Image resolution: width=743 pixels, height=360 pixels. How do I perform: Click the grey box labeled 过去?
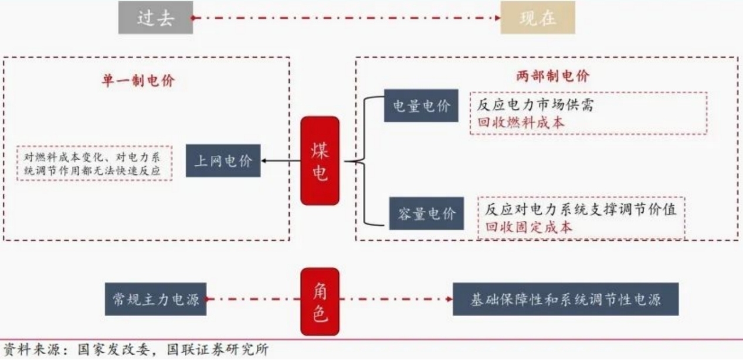(155, 18)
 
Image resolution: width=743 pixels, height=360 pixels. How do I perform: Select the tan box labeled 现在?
(537, 18)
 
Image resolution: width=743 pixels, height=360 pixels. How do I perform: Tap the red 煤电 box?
(320, 161)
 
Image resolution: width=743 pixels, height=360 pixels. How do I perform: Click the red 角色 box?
(320, 301)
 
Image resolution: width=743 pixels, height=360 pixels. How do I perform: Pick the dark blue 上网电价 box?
(223, 161)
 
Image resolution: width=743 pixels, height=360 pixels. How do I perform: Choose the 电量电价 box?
(421, 106)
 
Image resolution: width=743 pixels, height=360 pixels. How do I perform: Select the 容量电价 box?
(426, 213)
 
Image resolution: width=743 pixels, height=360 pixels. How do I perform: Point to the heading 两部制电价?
(552, 76)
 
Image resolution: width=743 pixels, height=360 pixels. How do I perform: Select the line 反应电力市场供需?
(536, 106)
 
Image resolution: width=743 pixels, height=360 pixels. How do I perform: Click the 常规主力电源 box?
(155, 300)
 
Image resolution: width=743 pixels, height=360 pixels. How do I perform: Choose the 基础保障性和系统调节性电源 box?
(565, 300)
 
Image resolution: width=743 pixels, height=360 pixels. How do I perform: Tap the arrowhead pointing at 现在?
(497, 18)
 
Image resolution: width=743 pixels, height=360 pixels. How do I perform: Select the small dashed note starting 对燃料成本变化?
(94, 163)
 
